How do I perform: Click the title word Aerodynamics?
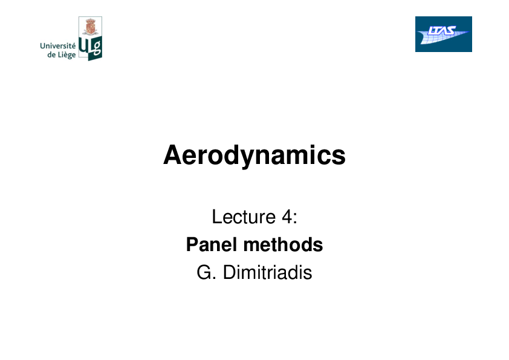click(254, 155)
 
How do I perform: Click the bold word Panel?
click(212, 244)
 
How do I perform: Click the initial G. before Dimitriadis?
click(206, 272)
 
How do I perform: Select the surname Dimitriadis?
click(267, 272)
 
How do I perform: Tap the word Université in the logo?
click(58, 45)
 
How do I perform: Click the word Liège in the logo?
click(66, 54)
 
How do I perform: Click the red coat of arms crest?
click(90, 27)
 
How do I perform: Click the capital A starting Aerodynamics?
click(172, 155)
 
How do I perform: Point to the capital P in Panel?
click(192, 244)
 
